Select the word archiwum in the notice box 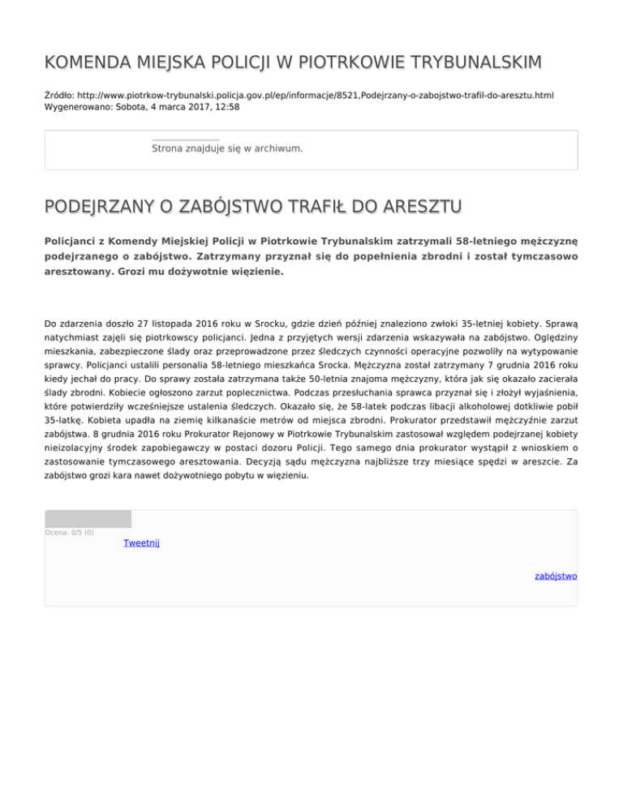point(277,148)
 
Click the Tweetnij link point(141,543)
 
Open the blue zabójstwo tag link point(556,576)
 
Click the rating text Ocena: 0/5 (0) point(70,532)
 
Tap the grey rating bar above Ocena point(88,519)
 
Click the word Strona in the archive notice point(168,148)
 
